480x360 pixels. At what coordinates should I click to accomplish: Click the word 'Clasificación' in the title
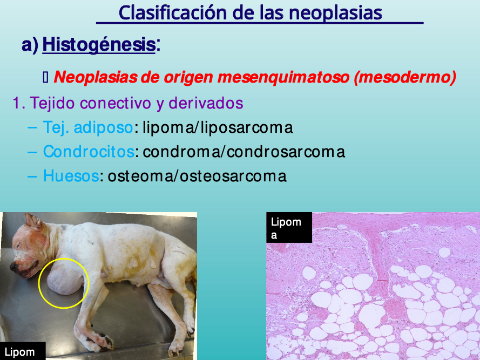click(173, 13)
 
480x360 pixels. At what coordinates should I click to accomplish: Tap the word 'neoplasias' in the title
click(335, 13)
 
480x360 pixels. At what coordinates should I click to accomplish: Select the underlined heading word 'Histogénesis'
click(99, 45)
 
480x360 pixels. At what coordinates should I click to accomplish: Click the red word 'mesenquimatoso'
click(283, 77)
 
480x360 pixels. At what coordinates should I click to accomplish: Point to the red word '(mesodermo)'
click(405, 77)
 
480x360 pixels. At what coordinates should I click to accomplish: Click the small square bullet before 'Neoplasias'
click(45, 77)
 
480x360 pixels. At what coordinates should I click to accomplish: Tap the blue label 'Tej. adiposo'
click(88, 127)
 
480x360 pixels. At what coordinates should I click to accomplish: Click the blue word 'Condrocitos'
click(89, 152)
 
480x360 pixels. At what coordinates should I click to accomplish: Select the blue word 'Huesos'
click(71, 176)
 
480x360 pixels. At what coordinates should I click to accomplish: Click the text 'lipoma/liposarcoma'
click(218, 128)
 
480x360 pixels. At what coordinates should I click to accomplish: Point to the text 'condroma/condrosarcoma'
click(244, 152)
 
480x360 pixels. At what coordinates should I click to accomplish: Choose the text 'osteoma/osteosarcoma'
click(197, 176)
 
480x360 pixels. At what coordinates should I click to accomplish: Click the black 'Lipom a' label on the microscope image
click(289, 227)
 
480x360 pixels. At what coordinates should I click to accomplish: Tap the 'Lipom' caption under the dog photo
click(22, 351)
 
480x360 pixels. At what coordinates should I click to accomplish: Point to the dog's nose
click(14, 267)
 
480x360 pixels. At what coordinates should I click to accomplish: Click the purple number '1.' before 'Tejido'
click(19, 103)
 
